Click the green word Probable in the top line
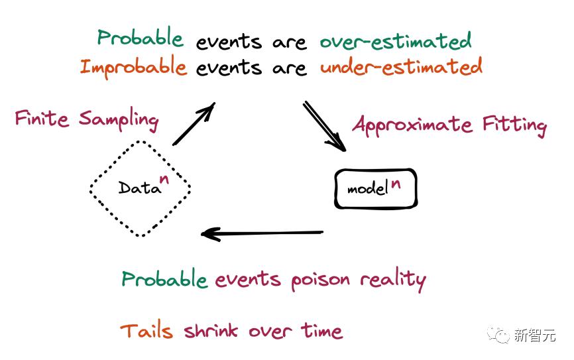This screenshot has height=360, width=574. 141,37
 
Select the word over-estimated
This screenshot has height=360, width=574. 396,41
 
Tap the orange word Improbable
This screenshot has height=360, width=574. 133,67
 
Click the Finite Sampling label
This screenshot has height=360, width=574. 87,119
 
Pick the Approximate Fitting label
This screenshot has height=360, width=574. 450,125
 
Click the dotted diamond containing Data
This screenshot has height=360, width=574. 140,141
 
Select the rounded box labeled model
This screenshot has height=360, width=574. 376,170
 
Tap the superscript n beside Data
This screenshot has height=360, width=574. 164,179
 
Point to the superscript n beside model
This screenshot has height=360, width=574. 395,183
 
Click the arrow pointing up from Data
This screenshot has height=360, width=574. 194,124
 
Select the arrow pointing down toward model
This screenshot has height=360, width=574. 324,127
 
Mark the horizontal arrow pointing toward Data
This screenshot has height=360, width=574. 262,233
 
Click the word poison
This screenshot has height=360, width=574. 320,281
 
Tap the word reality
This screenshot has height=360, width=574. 393,280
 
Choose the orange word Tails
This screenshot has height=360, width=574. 146,331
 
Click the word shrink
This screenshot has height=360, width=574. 211,331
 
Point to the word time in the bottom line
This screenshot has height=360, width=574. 321,330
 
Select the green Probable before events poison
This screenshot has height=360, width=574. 164,279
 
